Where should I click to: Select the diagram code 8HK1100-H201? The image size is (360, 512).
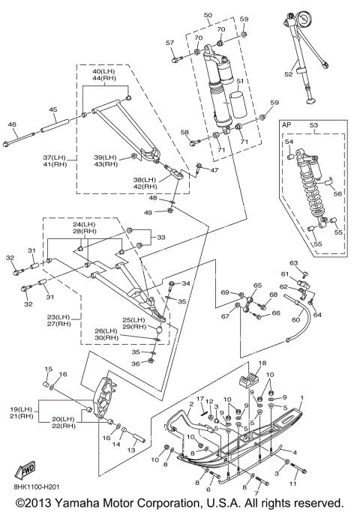pyautogui.click(x=37, y=487)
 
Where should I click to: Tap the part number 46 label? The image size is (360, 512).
pyautogui.click(x=12, y=124)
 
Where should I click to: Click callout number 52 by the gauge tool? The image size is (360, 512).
pyautogui.click(x=289, y=74)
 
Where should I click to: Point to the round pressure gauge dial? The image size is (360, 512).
pyautogui.click(x=303, y=19)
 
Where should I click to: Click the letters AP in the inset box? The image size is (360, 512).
pyautogui.click(x=286, y=124)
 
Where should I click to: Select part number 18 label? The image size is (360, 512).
pyautogui.click(x=262, y=363)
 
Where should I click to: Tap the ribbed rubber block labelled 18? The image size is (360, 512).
pyautogui.click(x=249, y=380)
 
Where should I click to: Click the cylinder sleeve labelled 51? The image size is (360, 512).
pyautogui.click(x=238, y=105)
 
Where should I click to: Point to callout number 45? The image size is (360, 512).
pyautogui.click(x=53, y=109)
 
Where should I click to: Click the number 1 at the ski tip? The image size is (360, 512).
pyautogui.click(x=301, y=398)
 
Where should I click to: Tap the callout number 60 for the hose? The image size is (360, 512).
pyautogui.click(x=295, y=319)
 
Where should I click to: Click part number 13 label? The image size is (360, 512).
pyautogui.click(x=131, y=451)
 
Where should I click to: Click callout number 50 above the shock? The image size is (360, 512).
pyautogui.click(x=208, y=15)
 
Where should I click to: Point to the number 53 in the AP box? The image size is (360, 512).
pyautogui.click(x=313, y=125)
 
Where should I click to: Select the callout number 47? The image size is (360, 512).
pyautogui.click(x=214, y=170)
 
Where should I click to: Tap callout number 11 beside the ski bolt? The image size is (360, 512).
pyautogui.click(x=293, y=484)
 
